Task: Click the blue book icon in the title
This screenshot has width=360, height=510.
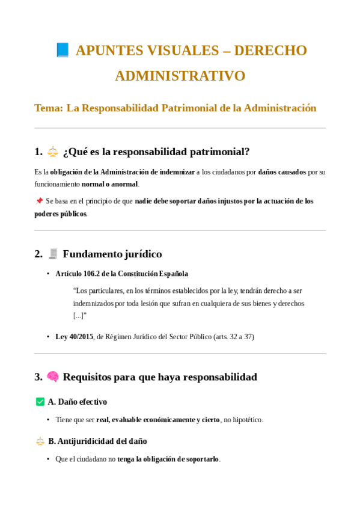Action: click(x=63, y=51)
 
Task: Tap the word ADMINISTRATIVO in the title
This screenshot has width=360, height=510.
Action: click(x=180, y=76)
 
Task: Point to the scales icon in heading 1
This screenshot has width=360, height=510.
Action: click(x=53, y=152)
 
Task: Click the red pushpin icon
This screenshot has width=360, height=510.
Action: click(x=39, y=201)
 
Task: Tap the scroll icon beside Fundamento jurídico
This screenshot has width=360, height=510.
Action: click(x=53, y=254)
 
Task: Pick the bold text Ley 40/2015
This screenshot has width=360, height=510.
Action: click(x=75, y=337)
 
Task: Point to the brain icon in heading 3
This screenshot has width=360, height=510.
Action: click(x=53, y=377)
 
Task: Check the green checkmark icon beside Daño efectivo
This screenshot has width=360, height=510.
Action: click(x=40, y=402)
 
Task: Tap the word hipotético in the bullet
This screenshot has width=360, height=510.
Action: click(x=246, y=420)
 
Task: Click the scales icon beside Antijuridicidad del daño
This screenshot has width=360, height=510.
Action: click(x=40, y=441)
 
